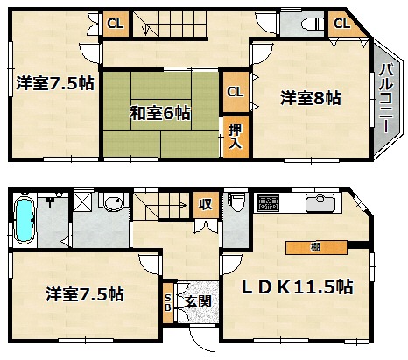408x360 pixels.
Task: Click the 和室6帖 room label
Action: tap(160, 113)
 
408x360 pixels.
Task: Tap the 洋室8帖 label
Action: tap(311, 98)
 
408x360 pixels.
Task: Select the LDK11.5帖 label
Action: tap(298, 287)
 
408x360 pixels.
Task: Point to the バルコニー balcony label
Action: tap(386, 98)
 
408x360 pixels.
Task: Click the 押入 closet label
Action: tap(236, 137)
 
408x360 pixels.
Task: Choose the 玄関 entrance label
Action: tap(198, 301)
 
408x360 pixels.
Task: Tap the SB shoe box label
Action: tap(168, 302)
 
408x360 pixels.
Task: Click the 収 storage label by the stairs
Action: tap(206, 204)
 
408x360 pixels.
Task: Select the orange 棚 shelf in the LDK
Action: tap(316, 248)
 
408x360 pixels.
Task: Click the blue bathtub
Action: tap(25, 218)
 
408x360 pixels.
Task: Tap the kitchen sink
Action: tap(320, 203)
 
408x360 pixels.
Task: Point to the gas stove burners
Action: tap(268, 203)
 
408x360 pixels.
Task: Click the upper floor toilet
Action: tap(313, 25)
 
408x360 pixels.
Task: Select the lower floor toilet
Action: tap(236, 202)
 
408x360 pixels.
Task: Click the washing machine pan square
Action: tap(82, 201)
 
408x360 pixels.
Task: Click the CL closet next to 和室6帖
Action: tap(236, 92)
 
